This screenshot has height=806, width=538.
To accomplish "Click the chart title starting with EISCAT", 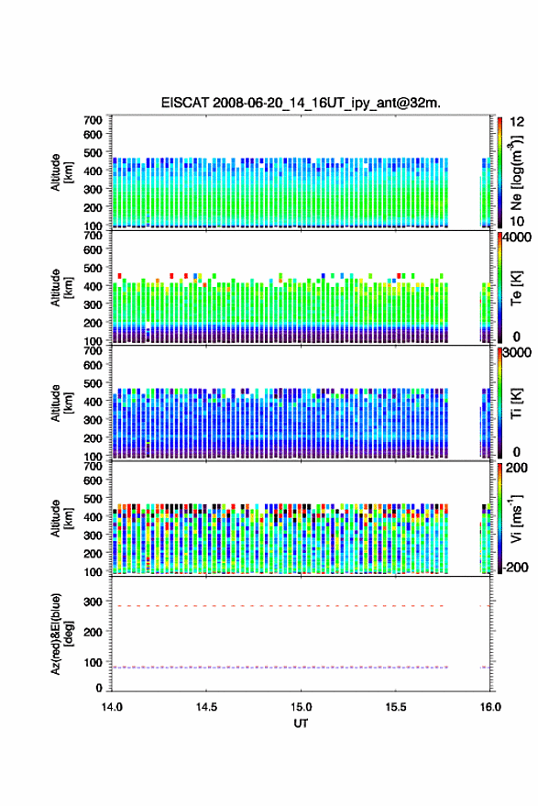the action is point(301,103).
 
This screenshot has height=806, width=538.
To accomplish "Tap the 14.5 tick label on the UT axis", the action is point(206,707).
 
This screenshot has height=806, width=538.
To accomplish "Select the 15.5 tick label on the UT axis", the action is point(395,707).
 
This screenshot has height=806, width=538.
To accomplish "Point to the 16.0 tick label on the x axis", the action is point(490,707).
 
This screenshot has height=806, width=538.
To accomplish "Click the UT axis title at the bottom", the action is point(301,723).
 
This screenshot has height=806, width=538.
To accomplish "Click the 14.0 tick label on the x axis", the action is point(112,707).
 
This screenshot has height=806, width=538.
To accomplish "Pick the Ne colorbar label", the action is point(516,173).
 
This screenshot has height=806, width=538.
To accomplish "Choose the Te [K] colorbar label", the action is point(516,288).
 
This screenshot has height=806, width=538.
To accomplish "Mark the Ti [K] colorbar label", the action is point(516,403).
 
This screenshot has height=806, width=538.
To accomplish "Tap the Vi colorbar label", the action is point(516,518).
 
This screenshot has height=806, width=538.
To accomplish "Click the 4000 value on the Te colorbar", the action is point(517,237).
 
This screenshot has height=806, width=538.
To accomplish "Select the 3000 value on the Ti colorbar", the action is point(517,353).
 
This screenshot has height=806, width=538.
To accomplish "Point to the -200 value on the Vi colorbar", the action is point(515,567).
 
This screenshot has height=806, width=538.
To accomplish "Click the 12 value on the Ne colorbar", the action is point(517,122).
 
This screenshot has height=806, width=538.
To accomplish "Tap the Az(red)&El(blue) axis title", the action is point(61,634).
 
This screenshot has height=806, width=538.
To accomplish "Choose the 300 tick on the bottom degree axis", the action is point(93,602).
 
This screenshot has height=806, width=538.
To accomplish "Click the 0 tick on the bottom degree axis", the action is point(99,688).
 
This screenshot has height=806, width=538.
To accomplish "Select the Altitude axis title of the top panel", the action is point(61,172).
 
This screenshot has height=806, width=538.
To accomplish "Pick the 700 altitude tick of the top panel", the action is point(93,120).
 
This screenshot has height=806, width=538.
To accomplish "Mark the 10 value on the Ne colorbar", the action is point(517,222).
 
